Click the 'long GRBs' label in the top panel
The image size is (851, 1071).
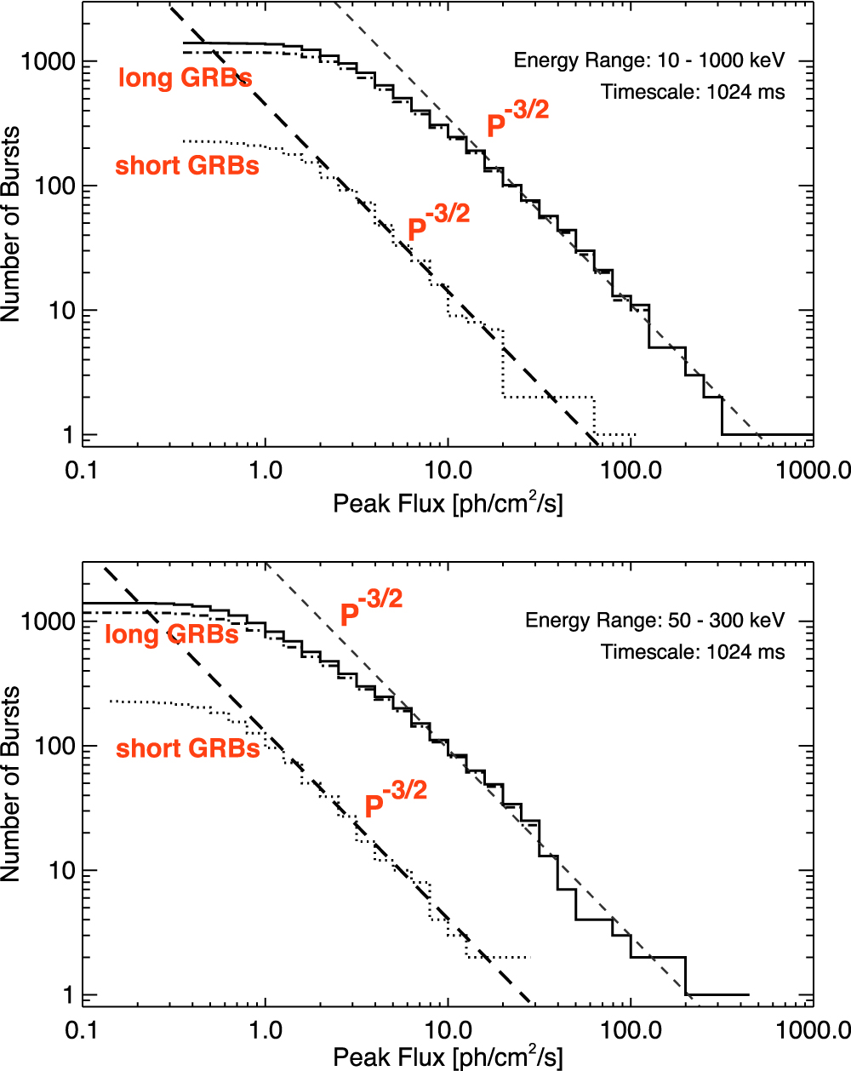click(185, 79)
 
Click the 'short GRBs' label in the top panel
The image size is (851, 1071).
click(187, 165)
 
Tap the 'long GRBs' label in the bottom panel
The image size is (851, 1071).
click(171, 634)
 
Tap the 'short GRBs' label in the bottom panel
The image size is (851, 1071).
click(188, 748)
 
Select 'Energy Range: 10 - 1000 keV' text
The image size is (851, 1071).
click(649, 61)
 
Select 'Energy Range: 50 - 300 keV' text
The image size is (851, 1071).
click(655, 620)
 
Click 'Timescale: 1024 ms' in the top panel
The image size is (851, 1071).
click(693, 92)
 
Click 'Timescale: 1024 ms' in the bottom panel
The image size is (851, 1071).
click(693, 652)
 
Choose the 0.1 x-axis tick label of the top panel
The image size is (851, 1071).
click(83, 471)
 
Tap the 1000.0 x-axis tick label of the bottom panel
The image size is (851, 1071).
click(814, 1030)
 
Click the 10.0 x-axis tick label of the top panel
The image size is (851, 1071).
click(448, 471)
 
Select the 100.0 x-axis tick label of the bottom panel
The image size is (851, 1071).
click(631, 1030)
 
